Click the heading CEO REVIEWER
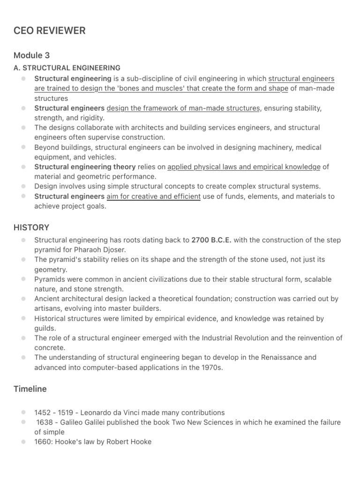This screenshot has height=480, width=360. point(49,31)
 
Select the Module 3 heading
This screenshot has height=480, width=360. point(32,55)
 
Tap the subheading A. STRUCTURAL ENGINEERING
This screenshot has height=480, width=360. point(67,68)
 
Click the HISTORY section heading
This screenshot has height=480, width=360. point(31,227)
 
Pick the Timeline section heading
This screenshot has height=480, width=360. point(30,389)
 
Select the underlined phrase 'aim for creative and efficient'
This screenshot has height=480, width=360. point(153,196)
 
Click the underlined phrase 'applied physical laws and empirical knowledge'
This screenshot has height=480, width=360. point(244,167)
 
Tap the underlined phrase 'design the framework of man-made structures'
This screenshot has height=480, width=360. point(183,108)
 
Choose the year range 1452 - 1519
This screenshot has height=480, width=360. point(52,412)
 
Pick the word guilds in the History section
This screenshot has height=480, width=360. point(45,328)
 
